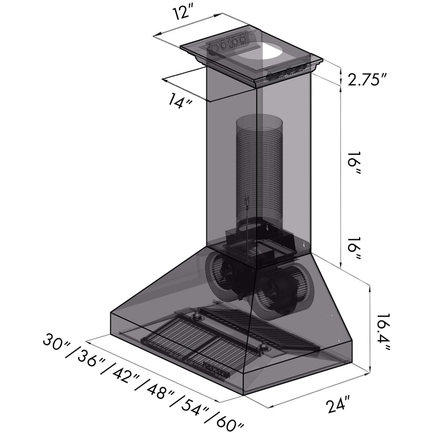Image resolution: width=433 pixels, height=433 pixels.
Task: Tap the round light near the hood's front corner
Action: click(263, 347)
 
